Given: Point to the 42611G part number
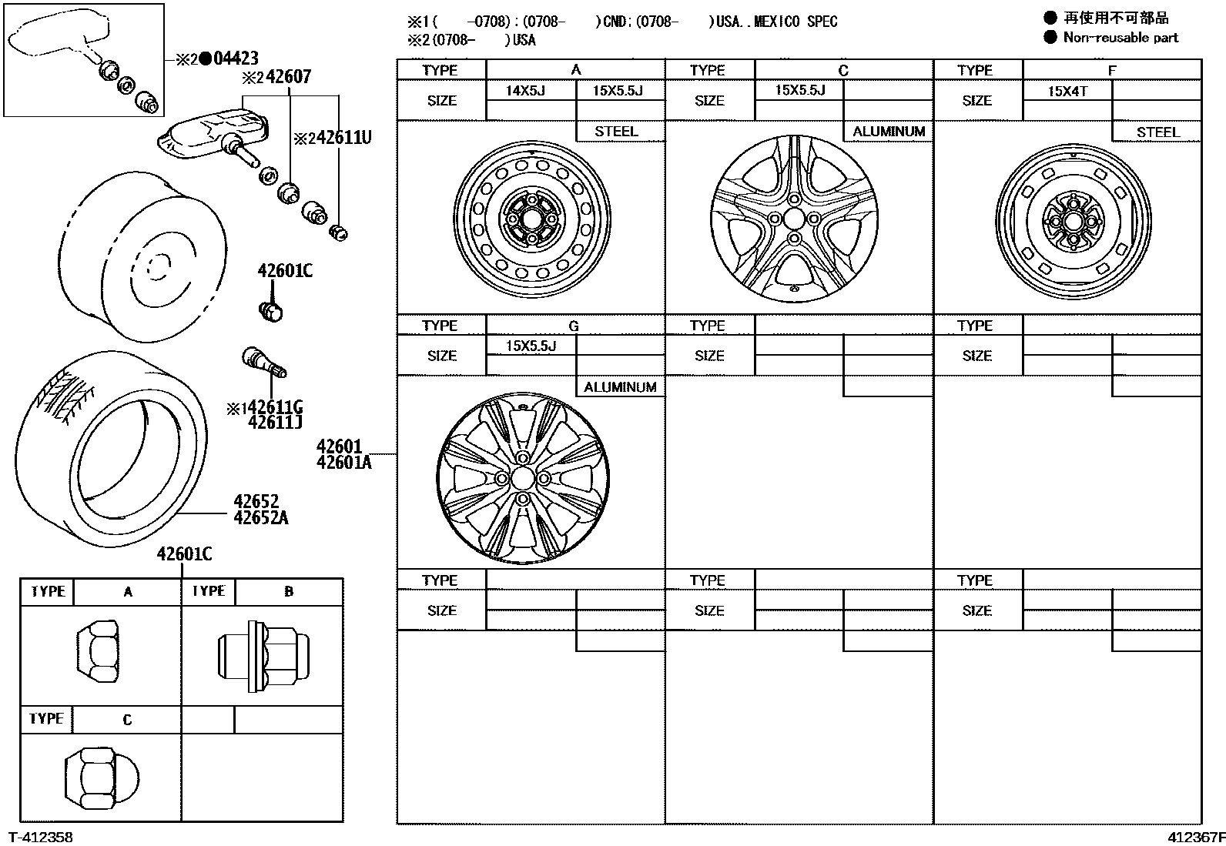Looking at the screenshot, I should pos(276,407).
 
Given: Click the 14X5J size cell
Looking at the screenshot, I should pos(525,91).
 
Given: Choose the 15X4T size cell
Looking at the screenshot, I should pos(1067,91).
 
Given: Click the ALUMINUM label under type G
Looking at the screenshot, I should pos(620,387).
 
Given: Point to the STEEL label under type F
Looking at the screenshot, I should pos(1157,132).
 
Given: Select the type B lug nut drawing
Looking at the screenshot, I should pos(263,655).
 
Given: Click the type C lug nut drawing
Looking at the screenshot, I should pos(101,777).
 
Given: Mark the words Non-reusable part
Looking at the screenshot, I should pos(1120,37).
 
